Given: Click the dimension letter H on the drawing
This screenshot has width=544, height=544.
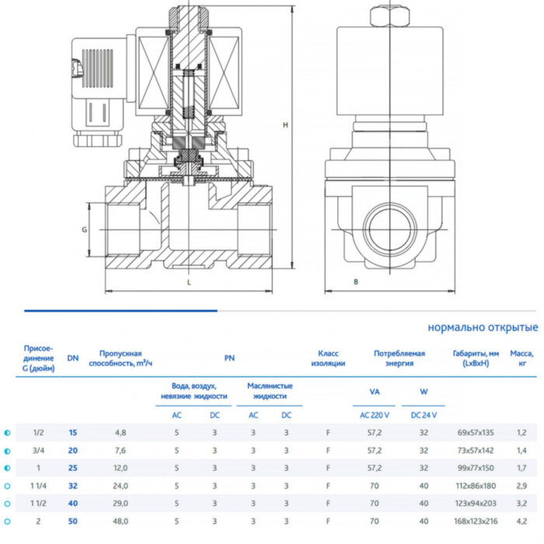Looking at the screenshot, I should click(x=285, y=125).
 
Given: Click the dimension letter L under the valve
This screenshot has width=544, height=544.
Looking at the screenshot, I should click(x=189, y=283).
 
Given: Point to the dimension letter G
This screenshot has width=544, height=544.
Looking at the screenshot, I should click(x=84, y=230).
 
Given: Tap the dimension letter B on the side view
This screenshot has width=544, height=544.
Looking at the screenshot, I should click(x=355, y=282).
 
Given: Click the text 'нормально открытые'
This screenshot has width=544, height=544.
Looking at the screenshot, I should click(x=483, y=327).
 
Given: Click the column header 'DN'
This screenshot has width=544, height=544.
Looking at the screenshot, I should click(x=72, y=357).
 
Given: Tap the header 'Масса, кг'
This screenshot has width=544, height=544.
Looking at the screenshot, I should click(x=521, y=357).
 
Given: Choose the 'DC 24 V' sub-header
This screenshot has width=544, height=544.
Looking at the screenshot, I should click(x=424, y=414).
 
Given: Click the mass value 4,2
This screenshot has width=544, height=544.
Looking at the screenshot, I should click(x=521, y=521).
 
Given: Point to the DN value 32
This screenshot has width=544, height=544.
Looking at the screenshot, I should click(x=73, y=486).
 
